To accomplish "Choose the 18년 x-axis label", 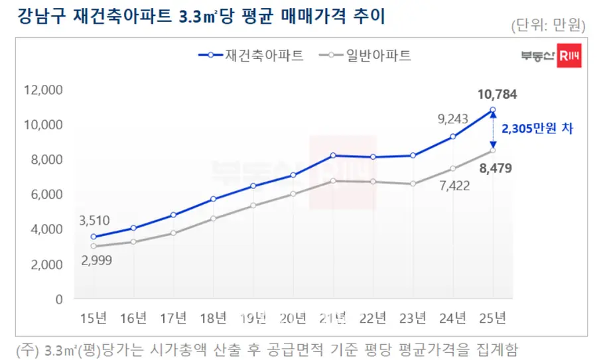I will (214, 319).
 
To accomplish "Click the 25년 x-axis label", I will (492, 319).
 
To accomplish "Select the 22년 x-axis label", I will (373, 319).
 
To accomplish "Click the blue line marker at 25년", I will (492, 109).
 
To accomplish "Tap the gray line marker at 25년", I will (492, 150).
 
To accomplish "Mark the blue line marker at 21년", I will (333, 155).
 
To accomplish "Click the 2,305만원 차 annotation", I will (537, 129).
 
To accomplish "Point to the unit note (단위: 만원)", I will (548, 26).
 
